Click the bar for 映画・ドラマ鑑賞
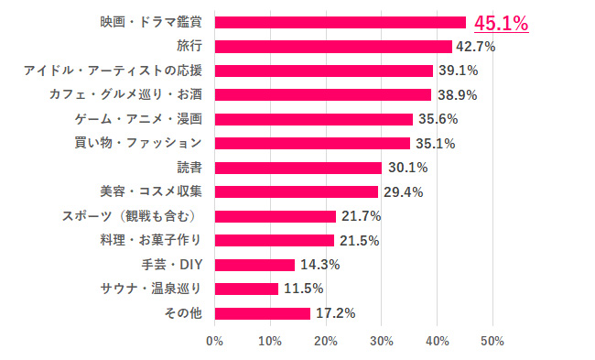[x=340, y=22]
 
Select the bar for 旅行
[x=333, y=46]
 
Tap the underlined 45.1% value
[x=501, y=23]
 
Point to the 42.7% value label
[x=475, y=46]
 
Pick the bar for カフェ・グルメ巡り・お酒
[x=322, y=94]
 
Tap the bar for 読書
[x=297, y=168]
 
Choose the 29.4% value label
[x=401, y=191]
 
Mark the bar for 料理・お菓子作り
[x=274, y=240]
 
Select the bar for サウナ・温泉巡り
[x=246, y=289]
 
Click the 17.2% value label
[x=334, y=313]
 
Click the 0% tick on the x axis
[x=214, y=342]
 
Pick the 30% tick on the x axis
[x=381, y=342]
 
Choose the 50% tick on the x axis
[x=492, y=342]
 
